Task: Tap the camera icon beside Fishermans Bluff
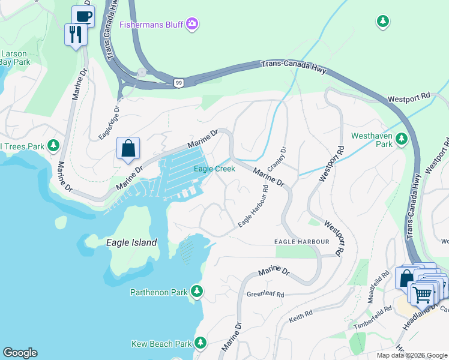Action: [x=192, y=25]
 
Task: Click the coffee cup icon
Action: [x=83, y=16]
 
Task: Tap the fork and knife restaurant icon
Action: [x=76, y=34]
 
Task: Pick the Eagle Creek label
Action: [x=214, y=169]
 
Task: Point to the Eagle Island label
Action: [x=131, y=243]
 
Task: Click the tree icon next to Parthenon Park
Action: [x=197, y=292]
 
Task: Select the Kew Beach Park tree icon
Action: [x=200, y=343]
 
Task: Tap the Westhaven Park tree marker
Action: [x=402, y=140]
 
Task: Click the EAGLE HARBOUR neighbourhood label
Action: [x=302, y=241]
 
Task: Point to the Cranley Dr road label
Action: [x=279, y=158]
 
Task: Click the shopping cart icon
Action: [x=423, y=294]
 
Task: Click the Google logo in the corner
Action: [x=20, y=353]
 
